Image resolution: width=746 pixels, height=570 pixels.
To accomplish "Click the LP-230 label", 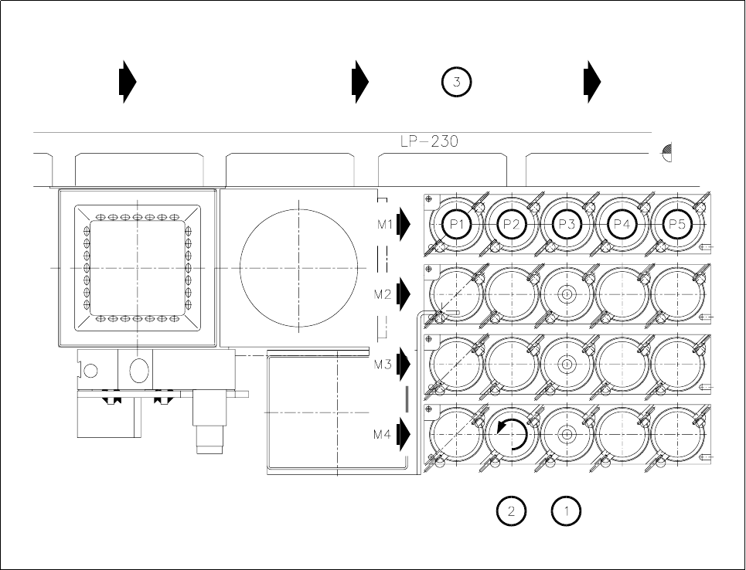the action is click(x=429, y=141).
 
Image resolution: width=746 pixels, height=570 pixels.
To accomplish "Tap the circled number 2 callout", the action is click(x=511, y=511).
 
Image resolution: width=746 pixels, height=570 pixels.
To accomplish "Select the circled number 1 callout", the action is click(x=566, y=511).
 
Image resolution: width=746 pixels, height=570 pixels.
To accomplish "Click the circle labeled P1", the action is click(x=456, y=223).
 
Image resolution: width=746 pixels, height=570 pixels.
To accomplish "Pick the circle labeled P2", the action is click(x=511, y=223).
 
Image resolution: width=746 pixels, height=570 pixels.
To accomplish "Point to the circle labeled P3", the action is click(x=567, y=223).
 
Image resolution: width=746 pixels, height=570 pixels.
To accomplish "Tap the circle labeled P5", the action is click(x=677, y=223).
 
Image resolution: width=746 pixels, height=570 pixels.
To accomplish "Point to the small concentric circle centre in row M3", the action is click(x=567, y=364).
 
